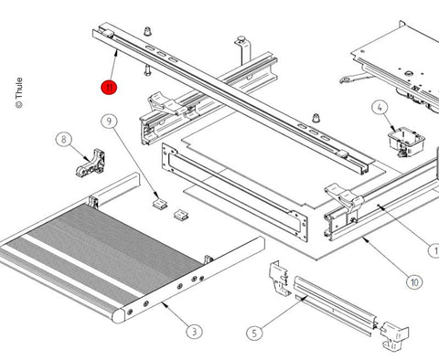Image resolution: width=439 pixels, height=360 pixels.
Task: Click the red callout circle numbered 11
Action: point(109,88)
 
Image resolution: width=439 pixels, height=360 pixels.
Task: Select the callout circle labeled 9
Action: point(109,122)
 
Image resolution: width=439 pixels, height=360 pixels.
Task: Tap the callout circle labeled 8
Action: point(64,140)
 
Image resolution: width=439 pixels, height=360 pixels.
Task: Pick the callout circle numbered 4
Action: point(380,108)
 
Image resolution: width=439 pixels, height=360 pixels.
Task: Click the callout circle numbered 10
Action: point(414,282)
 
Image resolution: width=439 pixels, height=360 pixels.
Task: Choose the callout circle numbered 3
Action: point(195,331)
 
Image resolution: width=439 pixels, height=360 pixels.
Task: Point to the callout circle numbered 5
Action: point(254,334)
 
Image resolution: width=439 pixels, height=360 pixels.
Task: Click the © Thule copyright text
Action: point(19,93)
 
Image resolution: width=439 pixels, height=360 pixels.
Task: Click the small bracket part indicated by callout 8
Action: point(91,163)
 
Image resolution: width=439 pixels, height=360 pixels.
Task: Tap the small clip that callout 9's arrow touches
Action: point(160,204)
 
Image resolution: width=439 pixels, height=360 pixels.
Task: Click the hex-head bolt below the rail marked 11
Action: point(147,70)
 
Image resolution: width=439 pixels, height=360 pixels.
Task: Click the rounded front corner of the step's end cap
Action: point(117,317)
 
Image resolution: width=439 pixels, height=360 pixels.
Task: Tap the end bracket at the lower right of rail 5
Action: point(394,336)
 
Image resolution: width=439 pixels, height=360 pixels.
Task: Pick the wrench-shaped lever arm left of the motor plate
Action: point(355,78)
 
